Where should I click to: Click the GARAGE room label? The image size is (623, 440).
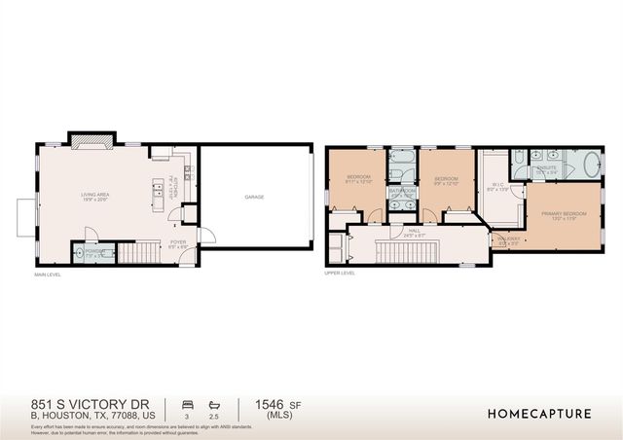point(255,197)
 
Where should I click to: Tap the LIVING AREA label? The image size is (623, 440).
point(94,196)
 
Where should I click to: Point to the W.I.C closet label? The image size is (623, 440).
point(496,184)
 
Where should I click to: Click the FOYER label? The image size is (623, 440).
point(178,243)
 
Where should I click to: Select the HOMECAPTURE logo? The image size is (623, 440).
point(538,414)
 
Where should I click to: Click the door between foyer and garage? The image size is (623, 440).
point(199,234)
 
